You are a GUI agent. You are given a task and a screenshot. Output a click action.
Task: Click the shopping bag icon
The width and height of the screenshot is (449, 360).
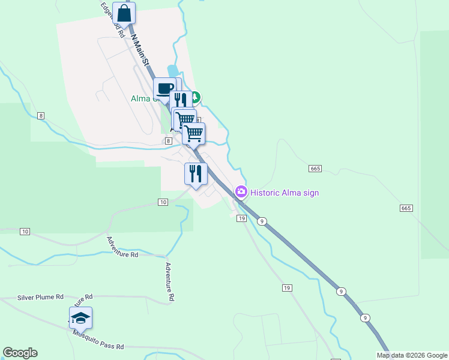click(x=124, y=13)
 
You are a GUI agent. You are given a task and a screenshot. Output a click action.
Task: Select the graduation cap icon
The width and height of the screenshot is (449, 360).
click(x=80, y=317)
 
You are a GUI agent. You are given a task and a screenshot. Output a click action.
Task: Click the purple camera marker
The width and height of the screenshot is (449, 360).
click(x=241, y=192)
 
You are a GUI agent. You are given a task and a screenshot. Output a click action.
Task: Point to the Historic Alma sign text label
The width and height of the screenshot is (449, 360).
click(x=285, y=193)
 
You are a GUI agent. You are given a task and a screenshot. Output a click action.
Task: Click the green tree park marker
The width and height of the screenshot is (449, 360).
click(x=196, y=97)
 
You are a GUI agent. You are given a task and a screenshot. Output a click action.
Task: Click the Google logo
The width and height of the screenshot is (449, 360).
click(x=20, y=353)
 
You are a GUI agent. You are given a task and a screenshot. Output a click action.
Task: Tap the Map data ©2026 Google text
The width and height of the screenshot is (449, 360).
click(x=412, y=355)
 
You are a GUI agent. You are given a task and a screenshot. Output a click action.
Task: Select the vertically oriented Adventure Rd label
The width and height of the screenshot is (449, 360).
click(x=170, y=281)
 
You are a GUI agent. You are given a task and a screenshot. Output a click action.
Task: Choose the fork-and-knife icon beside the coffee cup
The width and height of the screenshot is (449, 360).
click(x=180, y=100)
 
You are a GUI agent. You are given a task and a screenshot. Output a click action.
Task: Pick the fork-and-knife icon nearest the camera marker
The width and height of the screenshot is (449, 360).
click(x=196, y=174)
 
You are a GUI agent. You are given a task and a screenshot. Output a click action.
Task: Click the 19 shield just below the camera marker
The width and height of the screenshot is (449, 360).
click(x=241, y=218)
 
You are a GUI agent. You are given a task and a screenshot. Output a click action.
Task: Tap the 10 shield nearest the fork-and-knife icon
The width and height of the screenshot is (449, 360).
click(x=163, y=202)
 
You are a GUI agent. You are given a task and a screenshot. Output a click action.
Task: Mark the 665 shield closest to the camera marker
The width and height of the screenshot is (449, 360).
click(x=315, y=169)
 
